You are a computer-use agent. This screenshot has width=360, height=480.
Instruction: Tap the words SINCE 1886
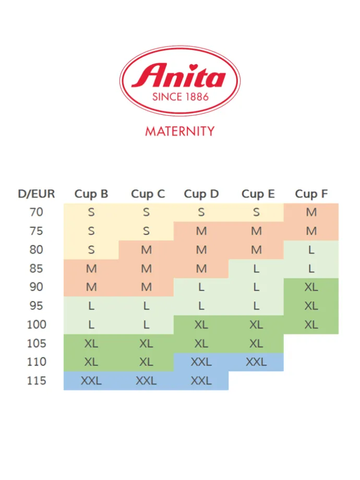pyautogui.click(x=181, y=97)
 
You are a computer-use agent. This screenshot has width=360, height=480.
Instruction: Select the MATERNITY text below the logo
pyautogui.click(x=180, y=131)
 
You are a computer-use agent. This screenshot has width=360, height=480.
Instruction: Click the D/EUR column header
pyautogui.click(x=37, y=194)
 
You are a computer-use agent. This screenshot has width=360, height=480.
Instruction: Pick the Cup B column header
pyautogui.click(x=91, y=194)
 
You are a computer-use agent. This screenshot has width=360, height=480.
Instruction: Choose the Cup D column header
pyautogui.click(x=201, y=194)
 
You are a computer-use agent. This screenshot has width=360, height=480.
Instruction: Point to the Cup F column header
pyautogui.click(x=311, y=194)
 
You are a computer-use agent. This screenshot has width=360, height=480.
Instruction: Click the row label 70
pyautogui.click(x=37, y=212)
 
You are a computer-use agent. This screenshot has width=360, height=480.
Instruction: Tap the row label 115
pyautogui.click(x=37, y=380)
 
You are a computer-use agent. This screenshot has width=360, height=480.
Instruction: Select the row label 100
pyautogui.click(x=37, y=325)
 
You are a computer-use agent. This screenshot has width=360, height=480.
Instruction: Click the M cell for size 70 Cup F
pyautogui.click(x=311, y=212)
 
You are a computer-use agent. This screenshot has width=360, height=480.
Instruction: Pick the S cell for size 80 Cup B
pyautogui.click(x=91, y=250)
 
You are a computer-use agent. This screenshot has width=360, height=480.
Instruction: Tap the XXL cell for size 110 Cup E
pyautogui.click(x=256, y=362)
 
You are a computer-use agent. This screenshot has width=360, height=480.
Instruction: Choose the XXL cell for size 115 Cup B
pyautogui.click(x=91, y=381)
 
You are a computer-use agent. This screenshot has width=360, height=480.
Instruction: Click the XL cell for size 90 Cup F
pyautogui.click(x=311, y=287)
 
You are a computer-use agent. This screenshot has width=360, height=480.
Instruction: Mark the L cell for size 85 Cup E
pyautogui.click(x=256, y=269)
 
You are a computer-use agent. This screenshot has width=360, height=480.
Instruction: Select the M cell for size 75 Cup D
pyautogui.click(x=201, y=231)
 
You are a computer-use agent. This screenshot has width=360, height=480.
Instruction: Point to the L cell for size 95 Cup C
pyautogui.click(x=146, y=306)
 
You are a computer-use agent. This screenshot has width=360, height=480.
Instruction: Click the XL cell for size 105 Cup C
pyautogui.click(x=146, y=344)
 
